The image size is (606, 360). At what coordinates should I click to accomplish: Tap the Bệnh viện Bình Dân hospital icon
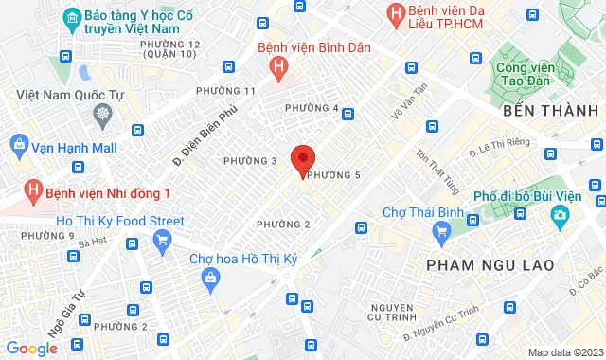point(278,66)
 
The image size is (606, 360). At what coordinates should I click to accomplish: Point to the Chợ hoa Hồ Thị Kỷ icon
point(210,277)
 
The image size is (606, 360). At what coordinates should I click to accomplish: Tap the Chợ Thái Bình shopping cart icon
point(440,230)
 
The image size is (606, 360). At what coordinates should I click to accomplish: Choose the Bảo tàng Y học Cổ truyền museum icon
point(70,17)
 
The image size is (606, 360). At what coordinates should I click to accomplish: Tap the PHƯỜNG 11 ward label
point(224,90)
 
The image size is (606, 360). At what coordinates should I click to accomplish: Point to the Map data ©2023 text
point(564,352)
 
